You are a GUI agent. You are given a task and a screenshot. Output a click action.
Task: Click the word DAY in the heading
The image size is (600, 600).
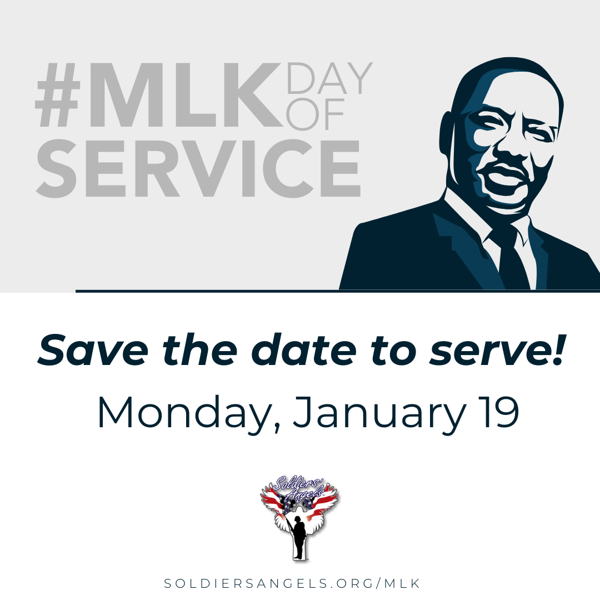pyautogui.click(x=329, y=78)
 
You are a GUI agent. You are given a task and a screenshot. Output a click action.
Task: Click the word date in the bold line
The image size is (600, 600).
pyautogui.click(x=309, y=352)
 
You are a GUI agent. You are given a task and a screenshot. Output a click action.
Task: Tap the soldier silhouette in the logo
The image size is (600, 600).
pyautogui.click(x=299, y=537)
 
